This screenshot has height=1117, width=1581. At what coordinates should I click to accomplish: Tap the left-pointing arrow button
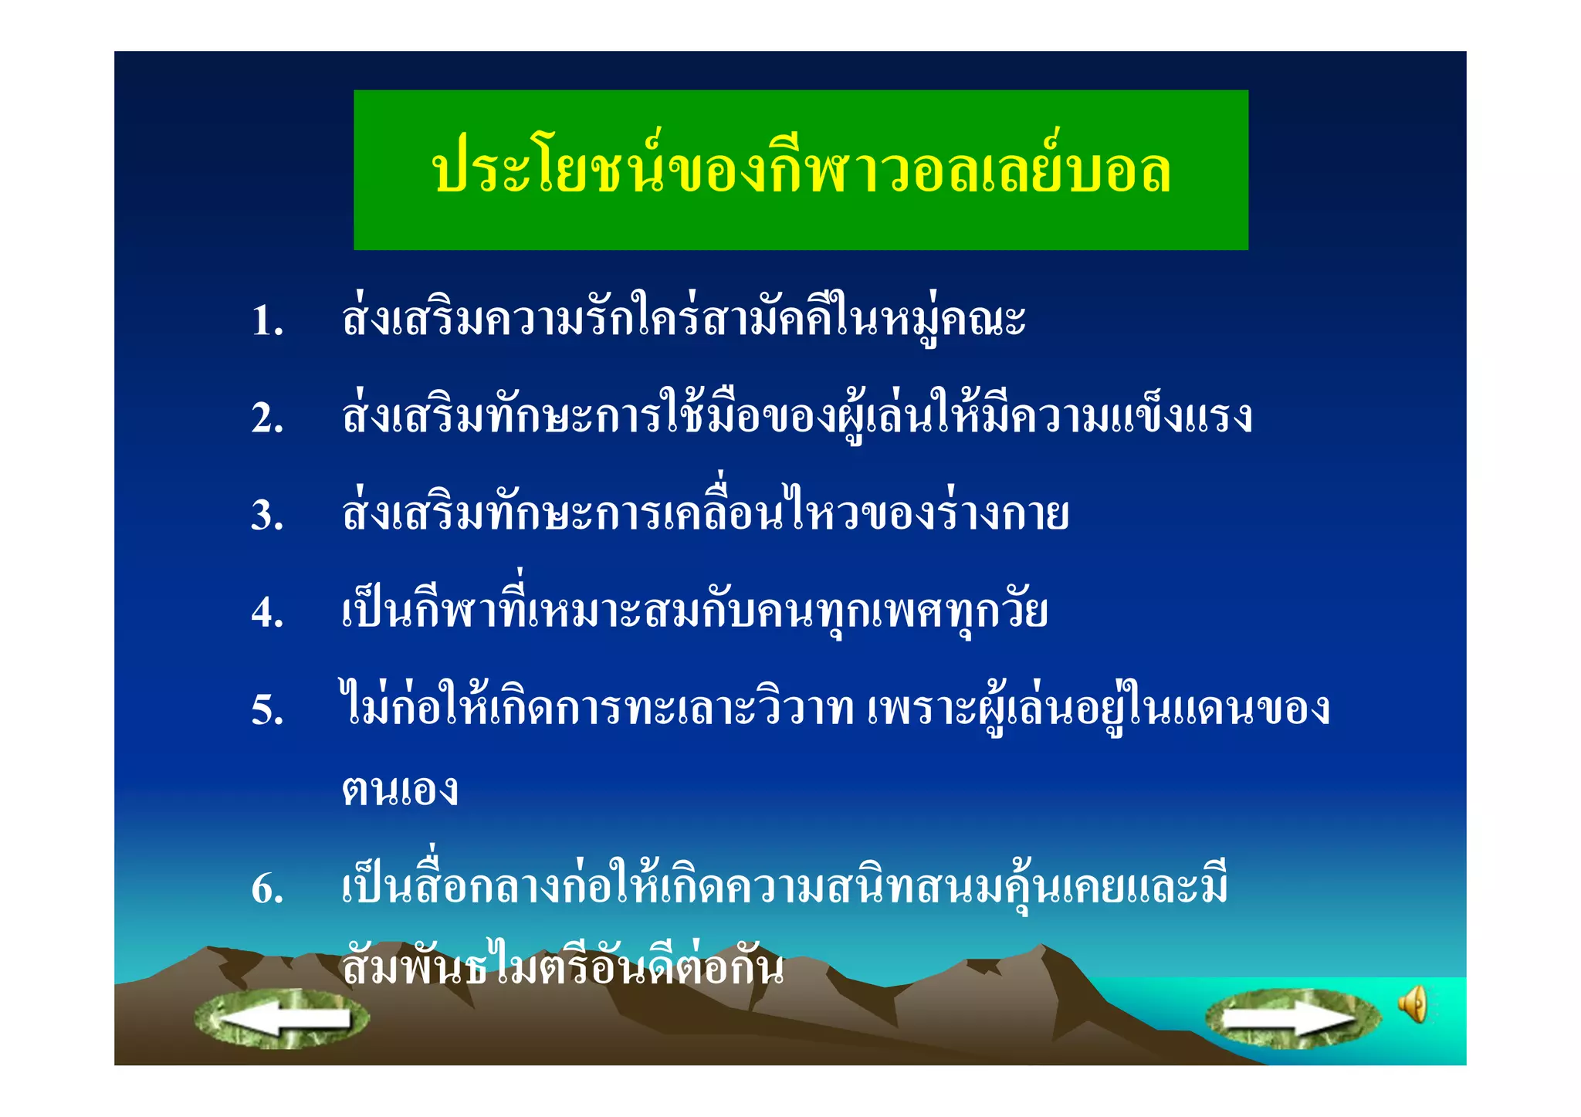coord(282,1019)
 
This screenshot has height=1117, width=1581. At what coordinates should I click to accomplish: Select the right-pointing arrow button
coord(1293,1019)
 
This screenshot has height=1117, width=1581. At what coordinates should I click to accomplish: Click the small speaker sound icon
coord(1413,1004)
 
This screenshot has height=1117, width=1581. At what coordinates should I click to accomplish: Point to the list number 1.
coord(267,321)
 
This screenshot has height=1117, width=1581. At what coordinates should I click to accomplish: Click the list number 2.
coord(267,418)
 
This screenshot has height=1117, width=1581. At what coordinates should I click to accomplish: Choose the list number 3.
coord(267,516)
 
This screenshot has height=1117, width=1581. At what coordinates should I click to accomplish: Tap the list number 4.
coord(267,613)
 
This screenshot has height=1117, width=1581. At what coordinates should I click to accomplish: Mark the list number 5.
coord(267,710)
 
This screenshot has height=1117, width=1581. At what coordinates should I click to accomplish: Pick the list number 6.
coord(267,889)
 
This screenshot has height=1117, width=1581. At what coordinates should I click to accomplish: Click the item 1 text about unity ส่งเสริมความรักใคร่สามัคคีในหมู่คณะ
coord(683,318)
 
